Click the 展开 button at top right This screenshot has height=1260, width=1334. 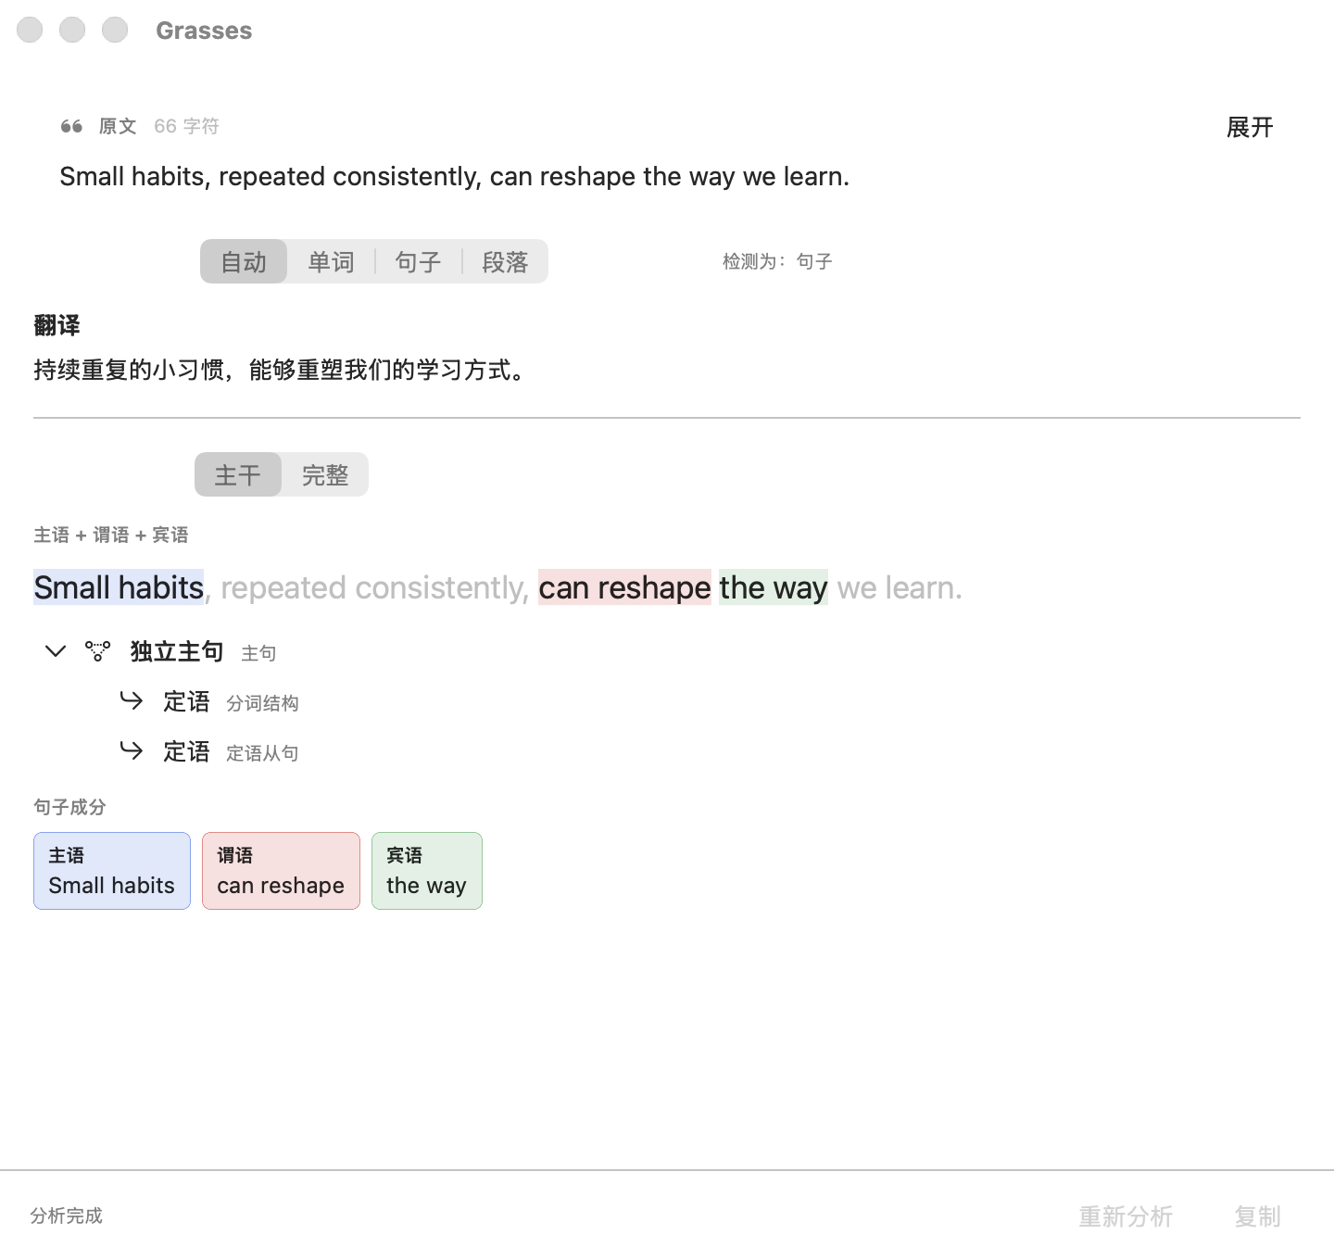pyautogui.click(x=1250, y=127)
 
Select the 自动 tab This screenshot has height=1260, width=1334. pyautogui.click(x=244, y=261)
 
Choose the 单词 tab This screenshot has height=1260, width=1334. pyautogui.click(x=331, y=261)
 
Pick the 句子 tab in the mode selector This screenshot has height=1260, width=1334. pyautogui.click(x=418, y=261)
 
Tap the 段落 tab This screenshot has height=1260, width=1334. pyautogui.click(x=505, y=261)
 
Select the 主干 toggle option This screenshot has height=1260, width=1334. pyautogui.click(x=238, y=474)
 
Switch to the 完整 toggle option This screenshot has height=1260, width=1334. pyautogui.click(x=325, y=474)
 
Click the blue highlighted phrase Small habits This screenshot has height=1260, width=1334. pyautogui.click(x=119, y=587)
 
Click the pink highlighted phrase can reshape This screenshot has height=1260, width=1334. pyautogui.click(x=624, y=587)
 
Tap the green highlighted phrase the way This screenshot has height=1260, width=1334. pyautogui.click(x=774, y=587)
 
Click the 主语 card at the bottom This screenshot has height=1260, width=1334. pyautogui.click(x=112, y=871)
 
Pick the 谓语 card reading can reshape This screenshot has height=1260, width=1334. pyautogui.click(x=281, y=871)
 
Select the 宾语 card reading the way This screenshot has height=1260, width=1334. pyautogui.click(x=427, y=871)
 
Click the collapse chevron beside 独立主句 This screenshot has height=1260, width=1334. pyautogui.click(x=55, y=651)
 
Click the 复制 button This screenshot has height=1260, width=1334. pyautogui.click(x=1257, y=1216)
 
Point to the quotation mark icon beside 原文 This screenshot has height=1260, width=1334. pyautogui.click(x=71, y=126)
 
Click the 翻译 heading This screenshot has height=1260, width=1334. pyautogui.click(x=57, y=325)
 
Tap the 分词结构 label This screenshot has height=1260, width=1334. pyautogui.click(x=263, y=703)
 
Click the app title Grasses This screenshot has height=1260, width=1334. pyautogui.click(x=204, y=31)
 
